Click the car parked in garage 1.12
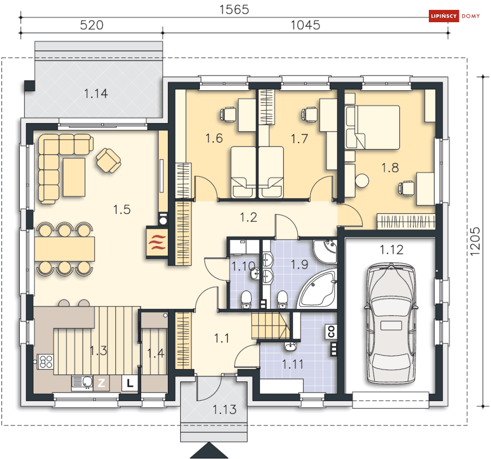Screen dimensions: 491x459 (391, 324)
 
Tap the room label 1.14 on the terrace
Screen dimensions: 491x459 (96, 93)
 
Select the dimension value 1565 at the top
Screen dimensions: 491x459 (234, 10)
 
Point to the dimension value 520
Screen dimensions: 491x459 (91, 25)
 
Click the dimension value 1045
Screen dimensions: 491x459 (305, 25)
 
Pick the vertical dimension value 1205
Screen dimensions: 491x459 (475, 241)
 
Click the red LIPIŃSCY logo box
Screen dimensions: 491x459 (444, 16)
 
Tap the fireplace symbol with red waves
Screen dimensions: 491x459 (157, 243)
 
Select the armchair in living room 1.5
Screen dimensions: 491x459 (109, 161)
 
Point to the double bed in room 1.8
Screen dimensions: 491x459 (372, 127)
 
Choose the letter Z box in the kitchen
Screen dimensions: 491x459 (101, 383)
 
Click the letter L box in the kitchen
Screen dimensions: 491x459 (130, 383)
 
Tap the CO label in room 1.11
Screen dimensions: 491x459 (331, 332)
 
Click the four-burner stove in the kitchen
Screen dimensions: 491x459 (46, 362)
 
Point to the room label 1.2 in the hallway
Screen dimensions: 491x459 (248, 217)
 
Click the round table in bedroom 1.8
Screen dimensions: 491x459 (362, 181)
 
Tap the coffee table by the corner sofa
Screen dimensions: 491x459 (74, 177)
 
